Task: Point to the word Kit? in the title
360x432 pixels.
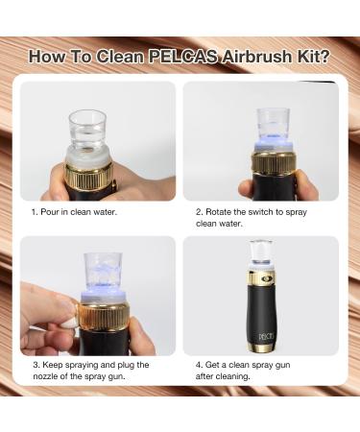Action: pyautogui.click(x=310, y=56)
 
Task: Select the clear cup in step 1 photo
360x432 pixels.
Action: pyautogui.click(x=86, y=127)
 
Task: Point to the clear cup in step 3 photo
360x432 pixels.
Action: pyautogui.click(x=102, y=270)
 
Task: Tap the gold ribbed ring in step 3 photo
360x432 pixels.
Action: pyautogui.click(x=105, y=317)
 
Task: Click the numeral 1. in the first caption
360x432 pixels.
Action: pyautogui.click(x=33, y=212)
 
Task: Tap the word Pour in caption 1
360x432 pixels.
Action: pyautogui.click(x=49, y=212)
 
